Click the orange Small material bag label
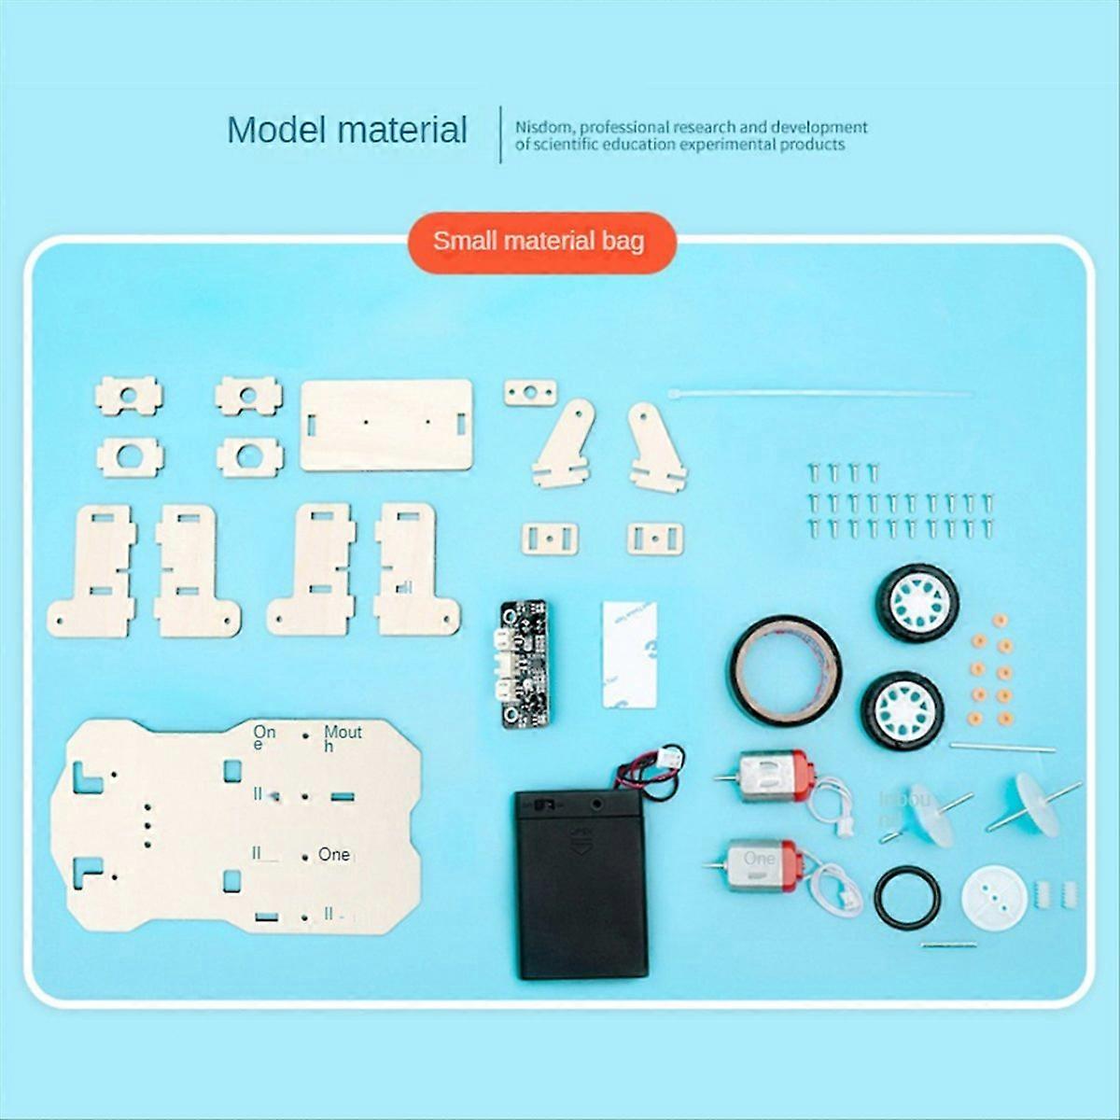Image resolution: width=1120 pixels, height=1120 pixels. [x=539, y=242]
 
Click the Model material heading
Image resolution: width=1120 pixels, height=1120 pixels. [x=347, y=130]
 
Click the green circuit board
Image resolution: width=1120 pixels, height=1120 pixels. [x=524, y=664]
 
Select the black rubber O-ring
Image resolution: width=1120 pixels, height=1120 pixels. [x=907, y=898]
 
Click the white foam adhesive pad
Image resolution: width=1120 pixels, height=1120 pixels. [x=629, y=652]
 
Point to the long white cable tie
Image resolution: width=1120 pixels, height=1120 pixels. [x=821, y=394]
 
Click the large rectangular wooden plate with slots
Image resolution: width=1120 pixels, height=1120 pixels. [x=386, y=425]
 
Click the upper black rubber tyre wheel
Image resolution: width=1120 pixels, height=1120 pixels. [x=917, y=605]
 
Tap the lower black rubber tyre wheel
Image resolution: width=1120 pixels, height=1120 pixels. [x=903, y=710]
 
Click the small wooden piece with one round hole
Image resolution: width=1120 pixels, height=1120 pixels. [x=530, y=392]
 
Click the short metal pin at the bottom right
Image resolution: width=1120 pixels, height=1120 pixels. [x=949, y=945]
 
